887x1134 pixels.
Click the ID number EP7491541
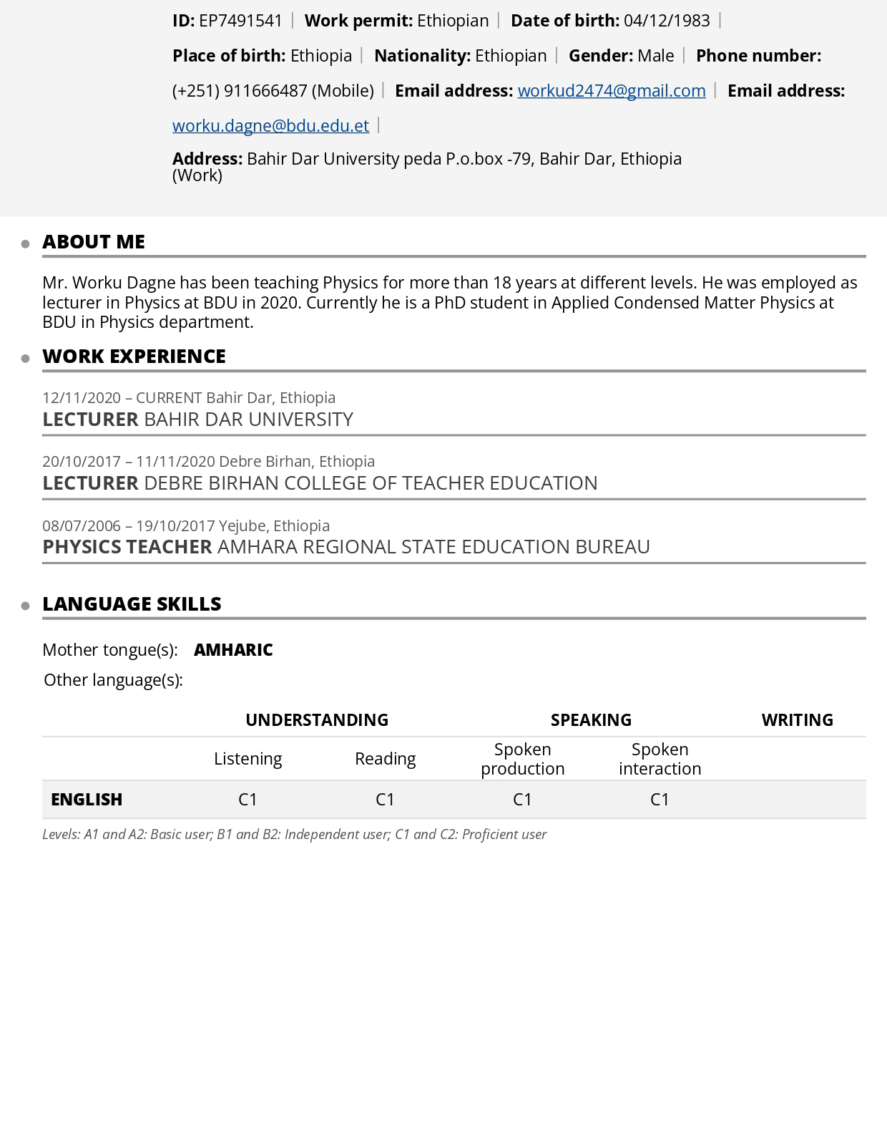point(240,21)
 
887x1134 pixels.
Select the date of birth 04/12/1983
point(667,21)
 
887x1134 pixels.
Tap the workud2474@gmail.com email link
point(612,91)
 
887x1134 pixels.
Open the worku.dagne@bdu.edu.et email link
point(270,126)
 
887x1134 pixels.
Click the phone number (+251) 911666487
point(240,91)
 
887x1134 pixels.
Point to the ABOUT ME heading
point(94,242)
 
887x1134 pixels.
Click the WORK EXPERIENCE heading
point(134,357)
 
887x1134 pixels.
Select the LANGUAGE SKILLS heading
point(132,604)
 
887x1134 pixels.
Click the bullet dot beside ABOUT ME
point(26,244)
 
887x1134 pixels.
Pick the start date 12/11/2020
point(82,398)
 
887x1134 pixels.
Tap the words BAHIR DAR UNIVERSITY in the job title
point(249,420)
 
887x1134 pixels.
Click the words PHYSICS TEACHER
point(127,547)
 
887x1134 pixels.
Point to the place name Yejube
point(242,526)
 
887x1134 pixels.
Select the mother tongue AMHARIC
point(233,650)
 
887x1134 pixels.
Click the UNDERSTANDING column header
point(317,720)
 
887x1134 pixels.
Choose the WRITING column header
point(797,720)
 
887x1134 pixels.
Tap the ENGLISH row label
point(87,800)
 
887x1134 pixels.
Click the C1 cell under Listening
point(248,800)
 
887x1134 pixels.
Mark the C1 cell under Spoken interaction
point(660,800)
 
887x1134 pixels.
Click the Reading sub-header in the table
point(385,759)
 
